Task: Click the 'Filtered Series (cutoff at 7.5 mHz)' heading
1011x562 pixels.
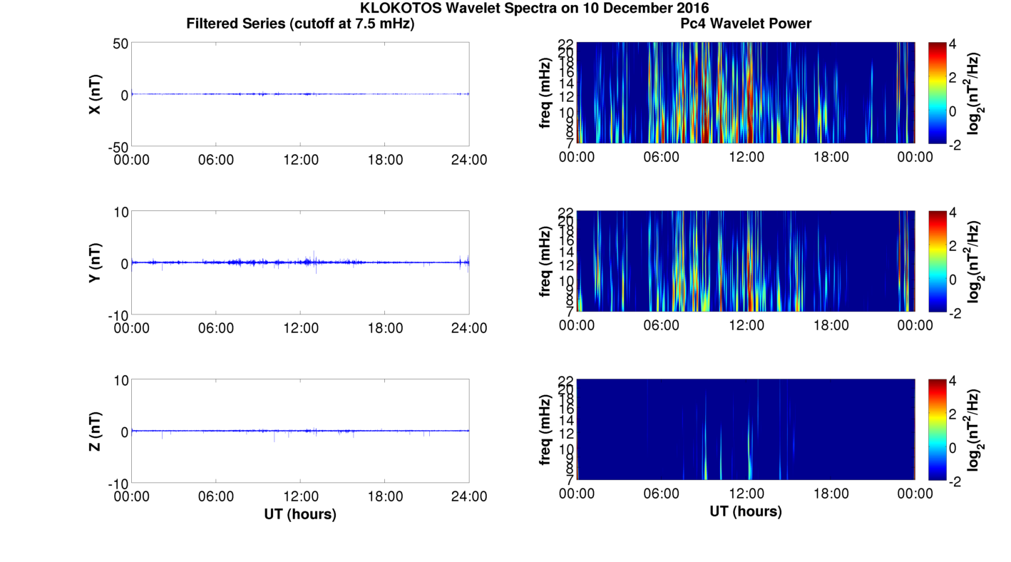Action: [300, 24]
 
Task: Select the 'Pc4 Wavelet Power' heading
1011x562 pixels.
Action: [746, 24]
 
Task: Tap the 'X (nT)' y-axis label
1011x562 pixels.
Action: [95, 94]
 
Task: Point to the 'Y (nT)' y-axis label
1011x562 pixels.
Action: [95, 262]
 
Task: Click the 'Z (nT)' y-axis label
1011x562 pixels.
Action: [95, 431]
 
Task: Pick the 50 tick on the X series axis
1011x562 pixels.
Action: [120, 44]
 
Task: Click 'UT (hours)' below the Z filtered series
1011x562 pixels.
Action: [300, 514]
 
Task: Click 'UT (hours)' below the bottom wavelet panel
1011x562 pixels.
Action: [746, 511]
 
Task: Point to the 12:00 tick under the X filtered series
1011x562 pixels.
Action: [301, 160]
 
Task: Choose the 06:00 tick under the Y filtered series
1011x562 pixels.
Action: [216, 328]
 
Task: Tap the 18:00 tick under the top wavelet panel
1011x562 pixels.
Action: [831, 157]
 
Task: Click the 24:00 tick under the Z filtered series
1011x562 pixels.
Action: [469, 496]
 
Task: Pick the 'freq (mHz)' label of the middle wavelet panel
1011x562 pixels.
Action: [545, 262]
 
